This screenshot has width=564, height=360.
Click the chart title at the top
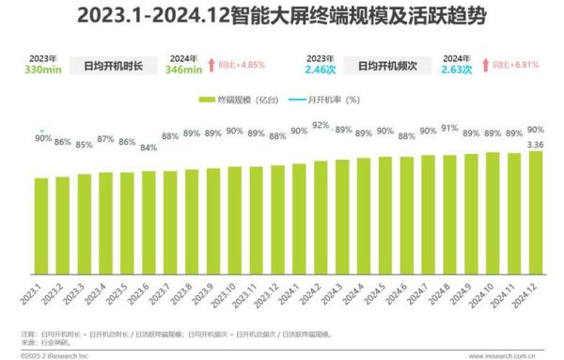pyautogui.click(x=282, y=17)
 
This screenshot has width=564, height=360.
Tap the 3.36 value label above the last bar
pyautogui.click(x=535, y=143)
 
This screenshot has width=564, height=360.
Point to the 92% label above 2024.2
pyautogui.click(x=321, y=125)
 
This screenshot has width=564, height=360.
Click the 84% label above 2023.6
pyautogui.click(x=148, y=147)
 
